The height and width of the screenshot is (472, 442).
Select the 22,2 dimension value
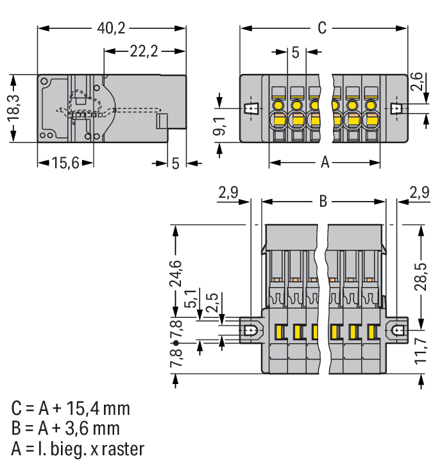pos(144,52)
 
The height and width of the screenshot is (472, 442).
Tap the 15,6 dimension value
pos(65,163)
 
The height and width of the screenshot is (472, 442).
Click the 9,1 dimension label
pos(219,126)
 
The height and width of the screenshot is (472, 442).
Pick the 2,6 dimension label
pos(417,84)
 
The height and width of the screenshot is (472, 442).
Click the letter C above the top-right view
pos(323,28)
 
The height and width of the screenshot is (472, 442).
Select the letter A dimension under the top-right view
pos(325,163)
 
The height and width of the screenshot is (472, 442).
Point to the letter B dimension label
pos(323,202)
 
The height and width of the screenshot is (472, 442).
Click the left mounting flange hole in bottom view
pos(251,331)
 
